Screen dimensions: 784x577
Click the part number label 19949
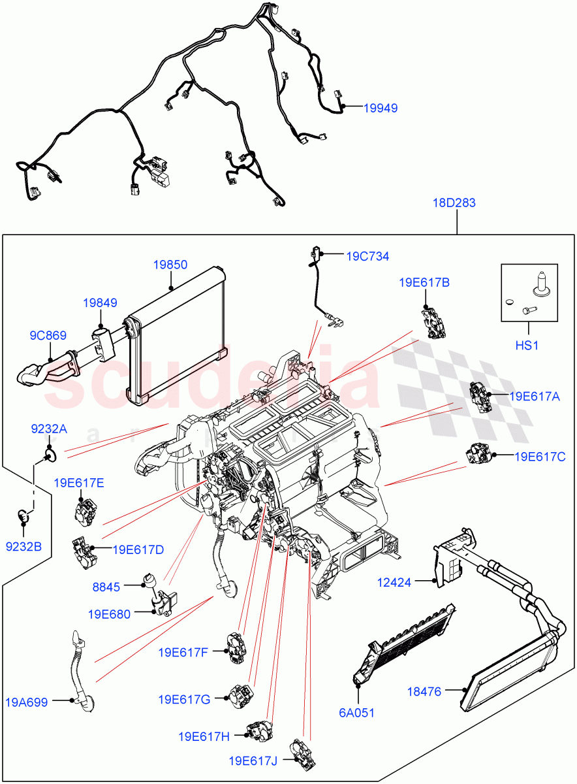pos(381,108)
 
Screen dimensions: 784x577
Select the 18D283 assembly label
pos(454,203)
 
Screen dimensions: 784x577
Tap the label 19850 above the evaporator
pos(170,265)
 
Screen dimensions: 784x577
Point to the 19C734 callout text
pos(367,257)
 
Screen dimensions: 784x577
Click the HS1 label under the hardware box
pos(527,345)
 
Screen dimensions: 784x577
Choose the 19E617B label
pos(424,282)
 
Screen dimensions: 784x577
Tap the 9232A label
pos(49,429)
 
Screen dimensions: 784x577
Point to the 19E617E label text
pos(78,483)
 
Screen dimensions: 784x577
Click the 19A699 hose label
pos(27,703)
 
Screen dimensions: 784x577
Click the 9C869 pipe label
pos(48,336)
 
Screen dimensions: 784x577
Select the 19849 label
pos(100,303)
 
